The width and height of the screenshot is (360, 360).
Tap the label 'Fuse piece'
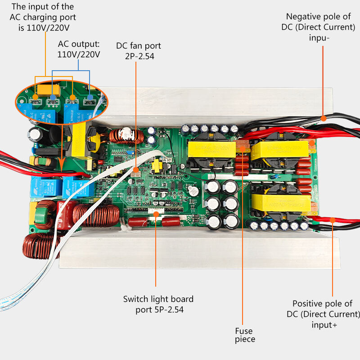(244, 335)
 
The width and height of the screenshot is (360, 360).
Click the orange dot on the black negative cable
(323, 118)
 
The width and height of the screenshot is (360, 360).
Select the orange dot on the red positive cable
(332, 220)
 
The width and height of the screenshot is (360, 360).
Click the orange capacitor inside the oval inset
(45, 90)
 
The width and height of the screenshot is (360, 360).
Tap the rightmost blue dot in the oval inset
(90, 97)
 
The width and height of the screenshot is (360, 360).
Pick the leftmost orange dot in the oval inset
(36, 96)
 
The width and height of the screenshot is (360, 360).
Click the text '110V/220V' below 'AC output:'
(79, 54)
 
